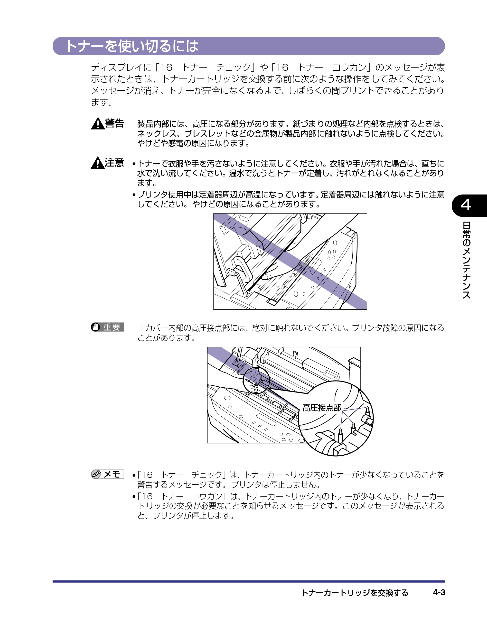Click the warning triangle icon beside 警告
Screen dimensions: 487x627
[x=98, y=124]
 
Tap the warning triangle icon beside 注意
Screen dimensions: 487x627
[x=98, y=163]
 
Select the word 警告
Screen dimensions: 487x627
[x=114, y=123]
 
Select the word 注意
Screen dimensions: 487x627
[x=114, y=163]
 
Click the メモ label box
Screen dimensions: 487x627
[x=108, y=474]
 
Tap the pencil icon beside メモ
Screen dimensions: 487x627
[x=96, y=474]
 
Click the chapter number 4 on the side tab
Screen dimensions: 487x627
[x=466, y=205]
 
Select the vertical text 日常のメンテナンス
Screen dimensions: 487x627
[x=466, y=260]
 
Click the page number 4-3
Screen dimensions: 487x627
[x=439, y=593]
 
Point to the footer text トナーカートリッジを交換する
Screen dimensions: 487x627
[x=355, y=593]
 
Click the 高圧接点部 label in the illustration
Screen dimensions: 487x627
[x=322, y=408]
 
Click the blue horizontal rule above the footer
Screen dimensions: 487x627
[x=249, y=581]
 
